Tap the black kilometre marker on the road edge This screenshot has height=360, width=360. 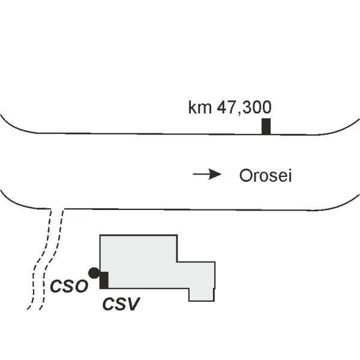[266, 127]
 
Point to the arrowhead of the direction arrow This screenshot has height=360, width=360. [217, 175]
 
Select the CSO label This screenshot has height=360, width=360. [69, 286]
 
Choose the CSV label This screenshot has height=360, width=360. [121, 304]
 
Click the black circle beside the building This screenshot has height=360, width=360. [93, 273]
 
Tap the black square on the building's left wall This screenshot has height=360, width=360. [103, 280]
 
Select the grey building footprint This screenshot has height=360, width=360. [144, 264]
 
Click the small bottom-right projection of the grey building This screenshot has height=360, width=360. [202, 294]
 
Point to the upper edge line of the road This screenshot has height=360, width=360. [180, 133]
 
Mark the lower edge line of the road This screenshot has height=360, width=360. [180, 209]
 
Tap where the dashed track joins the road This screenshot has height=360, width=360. [57, 209]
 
